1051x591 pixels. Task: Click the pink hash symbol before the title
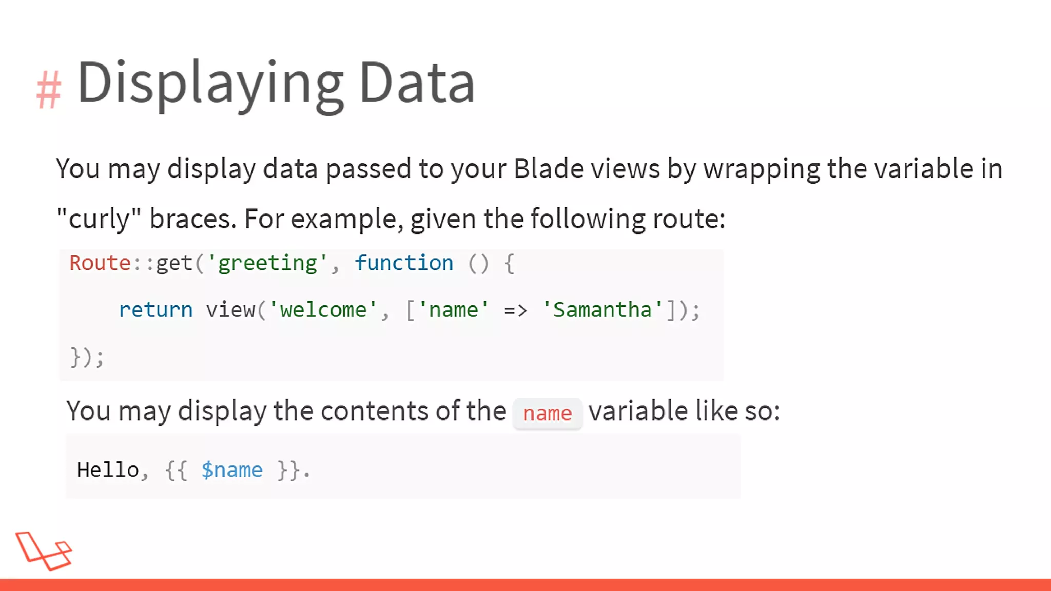49,90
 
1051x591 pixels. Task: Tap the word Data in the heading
417,83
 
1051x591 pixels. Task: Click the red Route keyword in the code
100,263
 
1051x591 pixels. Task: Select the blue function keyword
404,263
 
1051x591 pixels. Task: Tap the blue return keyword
155,310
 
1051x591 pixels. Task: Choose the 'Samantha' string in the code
602,310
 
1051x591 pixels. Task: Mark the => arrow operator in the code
515,310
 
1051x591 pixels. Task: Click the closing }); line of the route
87,357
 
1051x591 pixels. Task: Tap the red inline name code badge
547,413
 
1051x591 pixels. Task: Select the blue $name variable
231,470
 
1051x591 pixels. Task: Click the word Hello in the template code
108,470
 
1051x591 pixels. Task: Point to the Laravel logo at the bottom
44,551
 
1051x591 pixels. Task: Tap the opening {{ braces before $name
176,470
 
